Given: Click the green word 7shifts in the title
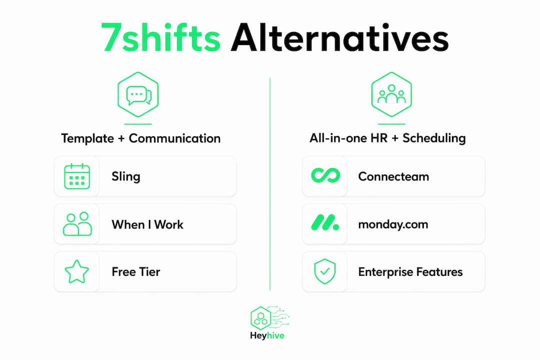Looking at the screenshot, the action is pyautogui.click(x=161, y=37).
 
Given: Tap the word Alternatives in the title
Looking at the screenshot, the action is pyautogui.click(x=339, y=37).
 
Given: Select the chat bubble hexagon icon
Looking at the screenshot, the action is pyautogui.click(x=138, y=94).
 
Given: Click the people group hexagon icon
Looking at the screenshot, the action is pyautogui.click(x=391, y=94).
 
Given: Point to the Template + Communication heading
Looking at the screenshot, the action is pyautogui.click(x=141, y=138).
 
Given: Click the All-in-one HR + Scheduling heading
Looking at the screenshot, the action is pyautogui.click(x=387, y=138).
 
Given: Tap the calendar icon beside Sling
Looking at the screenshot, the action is pyautogui.click(x=77, y=176).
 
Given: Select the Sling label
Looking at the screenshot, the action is pyautogui.click(x=125, y=176).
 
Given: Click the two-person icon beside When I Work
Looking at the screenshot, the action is pyautogui.click(x=77, y=224).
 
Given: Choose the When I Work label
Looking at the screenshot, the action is pyautogui.click(x=147, y=224).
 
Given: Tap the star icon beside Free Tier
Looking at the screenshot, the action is pyautogui.click(x=77, y=271).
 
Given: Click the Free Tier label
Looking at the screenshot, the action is pyautogui.click(x=135, y=272).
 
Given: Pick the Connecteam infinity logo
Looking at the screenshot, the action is pyautogui.click(x=325, y=175).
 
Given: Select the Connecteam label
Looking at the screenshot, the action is pyautogui.click(x=393, y=176).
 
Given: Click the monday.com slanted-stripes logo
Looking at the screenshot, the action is pyautogui.click(x=325, y=222).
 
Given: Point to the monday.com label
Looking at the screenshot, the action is pyautogui.click(x=393, y=224).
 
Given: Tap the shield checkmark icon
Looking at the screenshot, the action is pyautogui.click(x=325, y=271).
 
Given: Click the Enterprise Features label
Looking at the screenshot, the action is pyautogui.click(x=410, y=272).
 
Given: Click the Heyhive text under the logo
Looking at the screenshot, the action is pyautogui.click(x=267, y=335).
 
